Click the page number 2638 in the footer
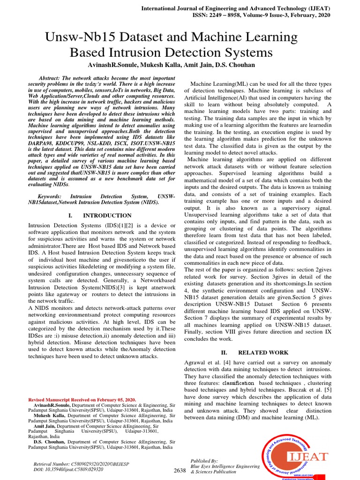pyautogui.click(x=180, y=470)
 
